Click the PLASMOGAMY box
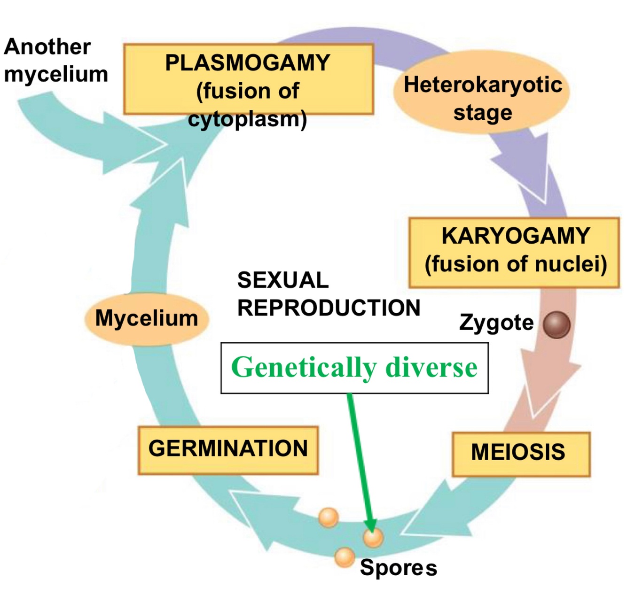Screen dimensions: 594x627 click(x=248, y=79)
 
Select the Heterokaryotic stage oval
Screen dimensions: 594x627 click(x=482, y=99)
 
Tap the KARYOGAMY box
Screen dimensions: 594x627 click(x=514, y=252)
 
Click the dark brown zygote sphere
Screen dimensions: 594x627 click(x=556, y=325)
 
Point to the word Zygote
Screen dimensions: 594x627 click(x=496, y=323)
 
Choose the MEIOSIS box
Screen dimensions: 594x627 click(x=520, y=454)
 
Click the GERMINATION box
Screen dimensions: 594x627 click(x=228, y=449)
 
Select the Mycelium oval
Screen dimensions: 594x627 click(x=147, y=319)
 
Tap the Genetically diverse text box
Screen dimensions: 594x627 click(x=354, y=368)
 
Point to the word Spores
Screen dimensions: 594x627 click(x=398, y=568)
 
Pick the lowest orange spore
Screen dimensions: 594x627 click(x=345, y=557)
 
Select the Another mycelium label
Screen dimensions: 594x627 click(x=55, y=61)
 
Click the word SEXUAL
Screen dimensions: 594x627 click(x=282, y=281)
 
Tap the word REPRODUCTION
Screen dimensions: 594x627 click(x=329, y=309)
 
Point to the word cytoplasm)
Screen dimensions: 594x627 click(x=247, y=119)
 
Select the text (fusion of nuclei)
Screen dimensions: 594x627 click(x=516, y=264)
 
